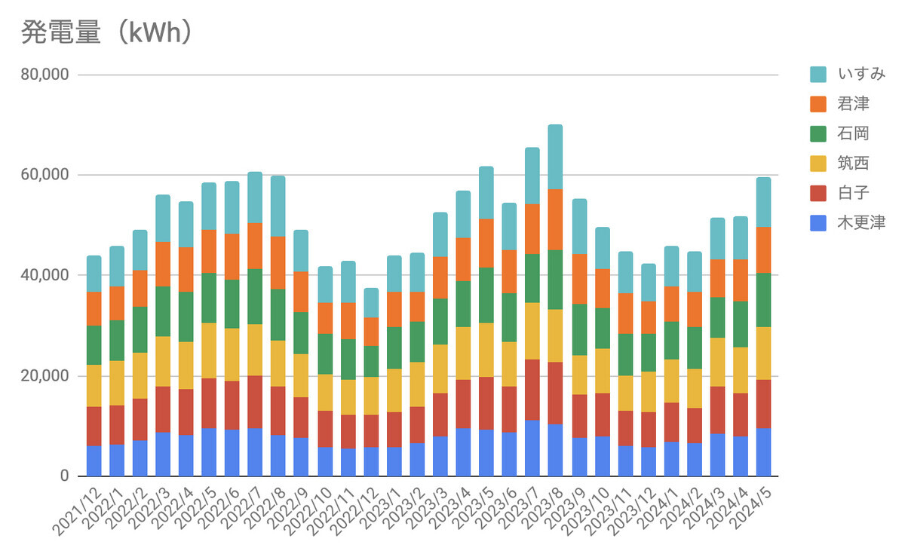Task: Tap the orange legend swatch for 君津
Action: click(x=819, y=104)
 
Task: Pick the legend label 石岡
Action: click(x=853, y=134)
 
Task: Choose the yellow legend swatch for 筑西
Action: click(x=819, y=164)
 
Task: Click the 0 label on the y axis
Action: click(x=65, y=476)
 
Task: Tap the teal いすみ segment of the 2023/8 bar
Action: click(x=555, y=157)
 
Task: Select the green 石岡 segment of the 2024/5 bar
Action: click(x=764, y=300)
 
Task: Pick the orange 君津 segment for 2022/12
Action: click(x=371, y=332)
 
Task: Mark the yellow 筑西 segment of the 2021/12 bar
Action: click(x=94, y=386)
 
